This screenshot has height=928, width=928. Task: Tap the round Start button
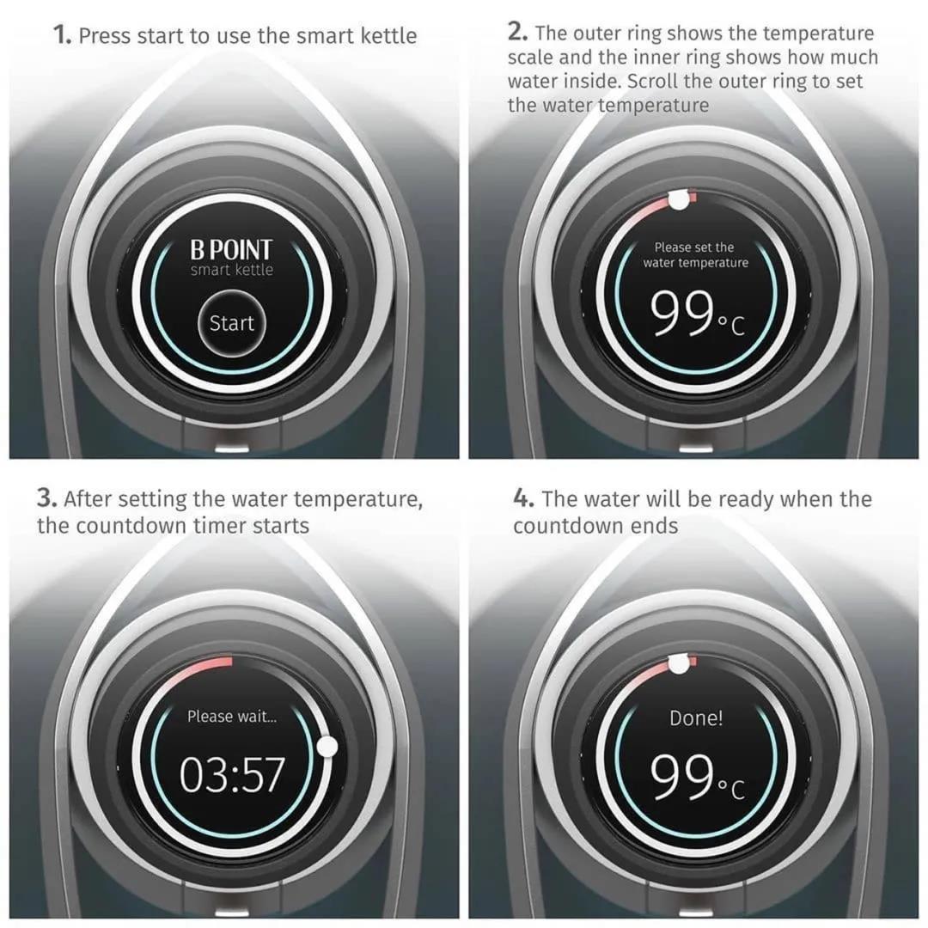pyautogui.click(x=231, y=323)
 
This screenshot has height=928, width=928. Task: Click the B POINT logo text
pyautogui.click(x=231, y=250)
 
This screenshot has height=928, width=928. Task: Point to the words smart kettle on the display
pyautogui.click(x=232, y=270)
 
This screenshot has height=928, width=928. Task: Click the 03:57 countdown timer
pyautogui.click(x=232, y=775)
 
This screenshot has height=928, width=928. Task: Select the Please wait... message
pyautogui.click(x=232, y=717)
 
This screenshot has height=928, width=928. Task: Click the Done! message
pyautogui.click(x=696, y=717)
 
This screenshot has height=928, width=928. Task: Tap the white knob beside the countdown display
pyautogui.click(x=327, y=747)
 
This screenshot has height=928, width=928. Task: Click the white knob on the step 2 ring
pyautogui.click(x=679, y=200)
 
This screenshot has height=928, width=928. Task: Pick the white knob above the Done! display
pyautogui.click(x=679, y=664)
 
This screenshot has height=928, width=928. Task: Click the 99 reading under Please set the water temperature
pyautogui.click(x=681, y=313)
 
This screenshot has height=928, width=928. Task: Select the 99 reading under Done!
pyautogui.click(x=681, y=776)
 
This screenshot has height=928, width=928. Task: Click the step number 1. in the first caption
pyautogui.click(x=62, y=35)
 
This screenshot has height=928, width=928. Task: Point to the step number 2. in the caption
pyautogui.click(x=518, y=32)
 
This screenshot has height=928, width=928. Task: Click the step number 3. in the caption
pyautogui.click(x=47, y=498)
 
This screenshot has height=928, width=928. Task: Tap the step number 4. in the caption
pyautogui.click(x=524, y=498)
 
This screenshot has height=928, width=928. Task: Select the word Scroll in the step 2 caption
pyautogui.click(x=652, y=81)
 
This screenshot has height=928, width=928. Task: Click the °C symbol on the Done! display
pyautogui.click(x=731, y=789)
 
